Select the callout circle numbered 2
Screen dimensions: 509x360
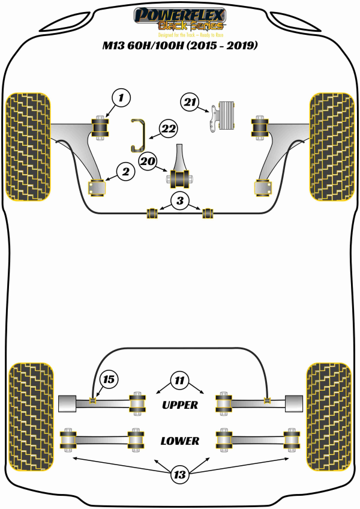[125, 172]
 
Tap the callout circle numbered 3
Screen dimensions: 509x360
[179, 200]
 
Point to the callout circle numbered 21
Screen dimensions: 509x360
[191, 103]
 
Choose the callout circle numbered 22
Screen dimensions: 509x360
[168, 127]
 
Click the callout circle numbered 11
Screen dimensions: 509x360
[179, 380]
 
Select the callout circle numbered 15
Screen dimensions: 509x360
[109, 379]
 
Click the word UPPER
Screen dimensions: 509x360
[180, 405]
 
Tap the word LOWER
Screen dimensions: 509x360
[179, 441]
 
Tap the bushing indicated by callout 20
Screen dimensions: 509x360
[178, 178]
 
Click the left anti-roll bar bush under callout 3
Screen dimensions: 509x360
[152, 212]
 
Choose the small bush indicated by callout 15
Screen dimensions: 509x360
[92, 400]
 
